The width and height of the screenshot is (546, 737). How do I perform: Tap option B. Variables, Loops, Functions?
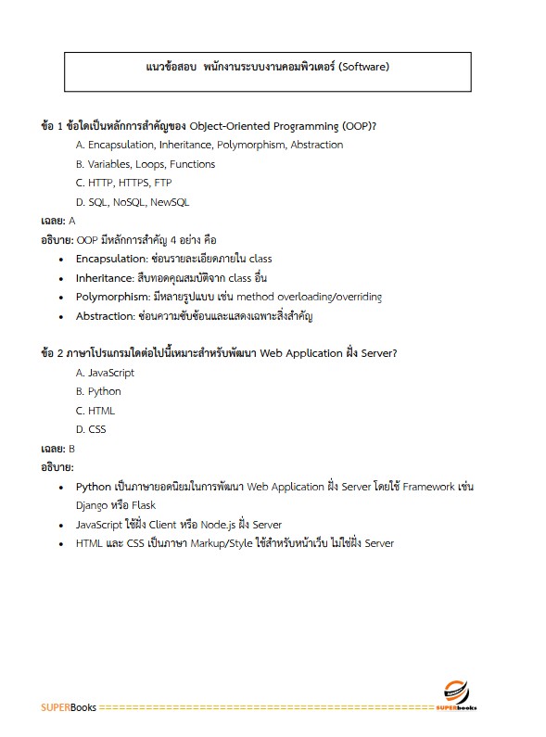(x=146, y=164)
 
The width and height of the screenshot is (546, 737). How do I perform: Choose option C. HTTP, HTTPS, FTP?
(x=123, y=183)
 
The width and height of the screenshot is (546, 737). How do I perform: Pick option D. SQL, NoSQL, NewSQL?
(x=133, y=202)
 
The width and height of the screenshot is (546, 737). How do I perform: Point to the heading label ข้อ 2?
(x=54, y=352)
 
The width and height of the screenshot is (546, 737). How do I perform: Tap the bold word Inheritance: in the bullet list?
(x=106, y=277)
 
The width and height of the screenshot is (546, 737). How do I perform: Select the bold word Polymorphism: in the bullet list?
(x=113, y=297)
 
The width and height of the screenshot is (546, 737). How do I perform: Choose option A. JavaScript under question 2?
(x=105, y=373)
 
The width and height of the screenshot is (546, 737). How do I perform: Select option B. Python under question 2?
(x=98, y=391)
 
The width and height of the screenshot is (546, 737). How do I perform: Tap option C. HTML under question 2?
(x=95, y=411)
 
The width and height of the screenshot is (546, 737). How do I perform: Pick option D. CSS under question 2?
(x=91, y=429)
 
